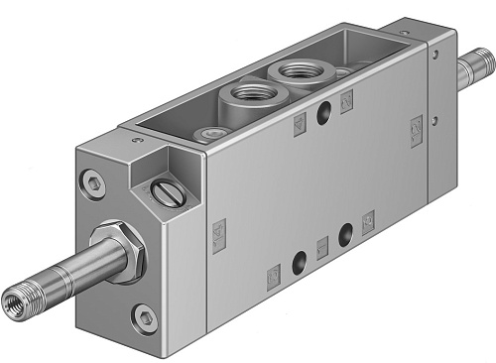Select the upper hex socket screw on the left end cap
92,181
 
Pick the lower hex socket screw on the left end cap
147,318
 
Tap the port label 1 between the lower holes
320,248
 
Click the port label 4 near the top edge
299,151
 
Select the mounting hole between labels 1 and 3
345,234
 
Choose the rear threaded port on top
294,71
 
